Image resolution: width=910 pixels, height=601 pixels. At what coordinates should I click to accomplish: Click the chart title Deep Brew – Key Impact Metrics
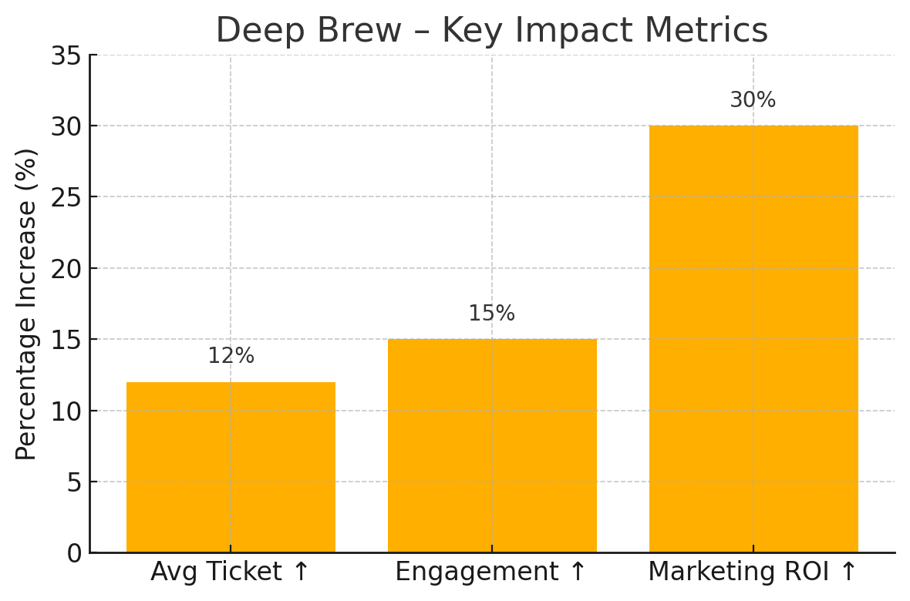[x=491, y=31]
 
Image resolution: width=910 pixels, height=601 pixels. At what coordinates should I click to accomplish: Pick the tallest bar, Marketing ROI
[x=753, y=339]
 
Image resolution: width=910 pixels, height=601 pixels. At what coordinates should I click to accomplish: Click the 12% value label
[x=231, y=356]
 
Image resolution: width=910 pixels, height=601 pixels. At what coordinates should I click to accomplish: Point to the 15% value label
[x=492, y=314]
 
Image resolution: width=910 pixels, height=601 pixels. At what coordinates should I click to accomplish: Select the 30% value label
[x=753, y=100]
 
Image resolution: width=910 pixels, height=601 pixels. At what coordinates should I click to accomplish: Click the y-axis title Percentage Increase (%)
[x=27, y=304]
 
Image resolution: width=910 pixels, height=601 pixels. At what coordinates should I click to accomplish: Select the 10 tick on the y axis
[x=66, y=411]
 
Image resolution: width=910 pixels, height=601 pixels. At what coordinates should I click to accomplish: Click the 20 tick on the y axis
[x=66, y=269]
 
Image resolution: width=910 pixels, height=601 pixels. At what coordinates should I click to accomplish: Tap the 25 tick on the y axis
[x=66, y=197]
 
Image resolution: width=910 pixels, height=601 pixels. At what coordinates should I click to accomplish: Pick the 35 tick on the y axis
[x=66, y=55]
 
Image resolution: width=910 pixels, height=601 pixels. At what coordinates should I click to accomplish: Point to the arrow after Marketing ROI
[x=848, y=572]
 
